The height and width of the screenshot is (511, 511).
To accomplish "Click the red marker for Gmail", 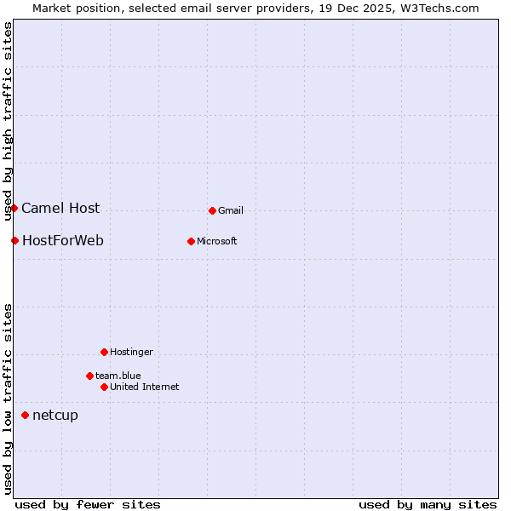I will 212,210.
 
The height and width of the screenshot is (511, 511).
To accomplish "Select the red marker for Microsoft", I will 191,241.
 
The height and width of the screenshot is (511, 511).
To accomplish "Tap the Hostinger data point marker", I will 104,352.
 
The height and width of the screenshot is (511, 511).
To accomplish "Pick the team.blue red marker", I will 89,376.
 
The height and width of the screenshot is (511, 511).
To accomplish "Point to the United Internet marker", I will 104,387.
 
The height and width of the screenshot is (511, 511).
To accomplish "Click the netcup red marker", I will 25,416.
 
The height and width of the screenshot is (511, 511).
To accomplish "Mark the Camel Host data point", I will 14,209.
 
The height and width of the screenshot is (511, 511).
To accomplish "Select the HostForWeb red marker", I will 14,240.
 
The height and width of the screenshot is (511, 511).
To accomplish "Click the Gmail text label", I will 231,210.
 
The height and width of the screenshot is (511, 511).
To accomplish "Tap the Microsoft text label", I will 217,241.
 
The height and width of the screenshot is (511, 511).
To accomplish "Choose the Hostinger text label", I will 131,352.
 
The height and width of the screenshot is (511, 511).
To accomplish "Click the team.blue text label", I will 118,376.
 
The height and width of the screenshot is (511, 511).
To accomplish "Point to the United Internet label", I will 145,387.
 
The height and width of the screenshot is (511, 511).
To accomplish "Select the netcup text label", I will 55,416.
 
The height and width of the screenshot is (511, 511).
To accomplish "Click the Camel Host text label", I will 60,209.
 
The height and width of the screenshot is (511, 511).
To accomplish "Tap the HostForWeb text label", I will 63,240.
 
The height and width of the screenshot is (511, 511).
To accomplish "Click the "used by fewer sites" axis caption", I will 88,504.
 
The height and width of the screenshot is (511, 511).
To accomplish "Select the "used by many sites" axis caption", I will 428,504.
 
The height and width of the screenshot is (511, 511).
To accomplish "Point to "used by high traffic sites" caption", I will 8,121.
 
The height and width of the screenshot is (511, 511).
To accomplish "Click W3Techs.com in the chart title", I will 439,8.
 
